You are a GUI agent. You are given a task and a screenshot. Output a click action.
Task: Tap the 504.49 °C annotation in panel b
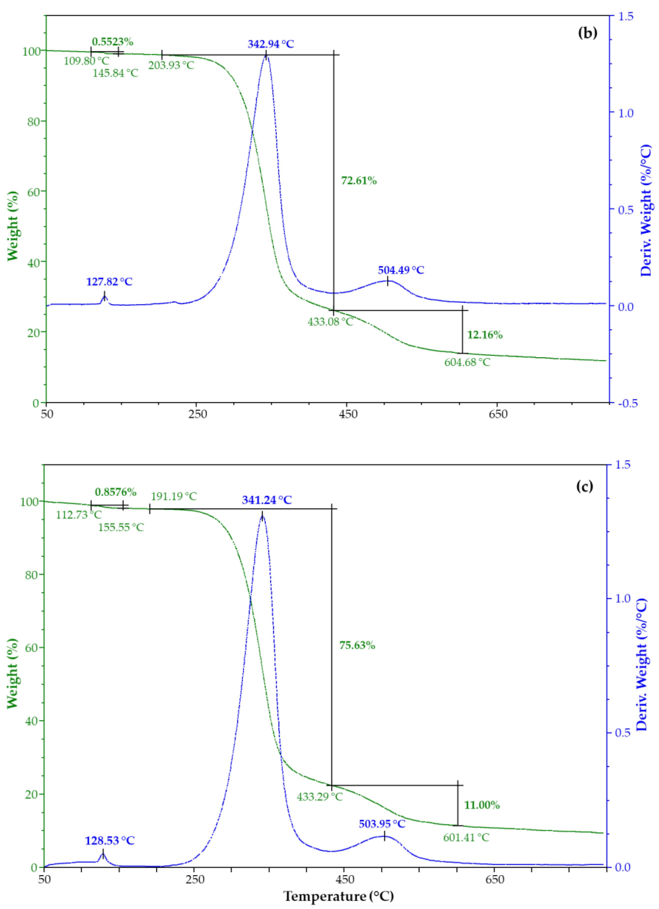pyautogui.click(x=401, y=270)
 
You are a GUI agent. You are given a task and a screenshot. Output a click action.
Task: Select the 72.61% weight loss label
pyautogui.click(x=359, y=181)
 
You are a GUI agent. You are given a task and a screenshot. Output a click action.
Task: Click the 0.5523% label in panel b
pyautogui.click(x=113, y=42)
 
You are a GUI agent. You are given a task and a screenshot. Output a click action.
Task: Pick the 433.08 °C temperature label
pyautogui.click(x=330, y=322)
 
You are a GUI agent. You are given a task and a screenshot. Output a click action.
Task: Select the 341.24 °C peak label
pyautogui.click(x=267, y=500)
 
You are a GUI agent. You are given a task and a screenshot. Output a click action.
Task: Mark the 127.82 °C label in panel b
pyautogui.click(x=109, y=282)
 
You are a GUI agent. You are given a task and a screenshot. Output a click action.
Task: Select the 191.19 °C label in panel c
pyautogui.click(x=174, y=497)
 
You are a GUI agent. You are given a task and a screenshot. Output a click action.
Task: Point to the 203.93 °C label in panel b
pyautogui.click(x=171, y=65)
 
